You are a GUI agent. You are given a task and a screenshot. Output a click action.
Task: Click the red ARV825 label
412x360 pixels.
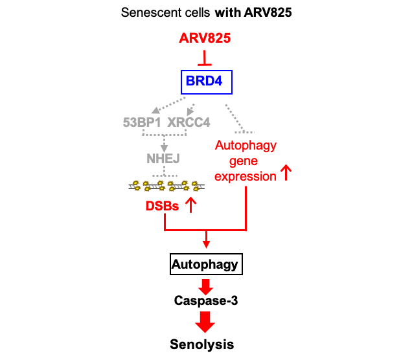tap(205, 38)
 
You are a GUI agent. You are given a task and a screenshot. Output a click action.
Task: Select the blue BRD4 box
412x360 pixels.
tap(205, 82)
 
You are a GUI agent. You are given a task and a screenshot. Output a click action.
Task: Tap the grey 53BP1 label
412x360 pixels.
tap(141, 122)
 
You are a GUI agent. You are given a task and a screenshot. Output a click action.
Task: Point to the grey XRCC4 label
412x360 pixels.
tap(189, 122)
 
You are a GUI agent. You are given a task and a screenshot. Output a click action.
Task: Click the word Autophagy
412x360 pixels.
tap(246, 146)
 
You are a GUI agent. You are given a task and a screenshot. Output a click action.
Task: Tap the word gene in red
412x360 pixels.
tap(244, 161)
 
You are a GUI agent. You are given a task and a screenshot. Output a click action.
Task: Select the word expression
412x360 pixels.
tap(245, 177)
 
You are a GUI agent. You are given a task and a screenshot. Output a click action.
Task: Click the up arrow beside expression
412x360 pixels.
tap(286, 173)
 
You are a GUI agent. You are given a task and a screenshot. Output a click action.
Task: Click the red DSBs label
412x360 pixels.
tap(162, 208)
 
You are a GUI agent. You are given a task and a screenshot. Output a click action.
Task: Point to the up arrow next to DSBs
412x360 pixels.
tap(190, 206)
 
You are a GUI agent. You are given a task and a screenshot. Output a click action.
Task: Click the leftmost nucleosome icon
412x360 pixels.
tap(142, 187)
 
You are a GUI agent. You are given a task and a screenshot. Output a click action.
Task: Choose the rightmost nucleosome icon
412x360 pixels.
tap(190, 187)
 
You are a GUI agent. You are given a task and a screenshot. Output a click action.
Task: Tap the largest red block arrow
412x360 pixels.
tap(205, 322)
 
